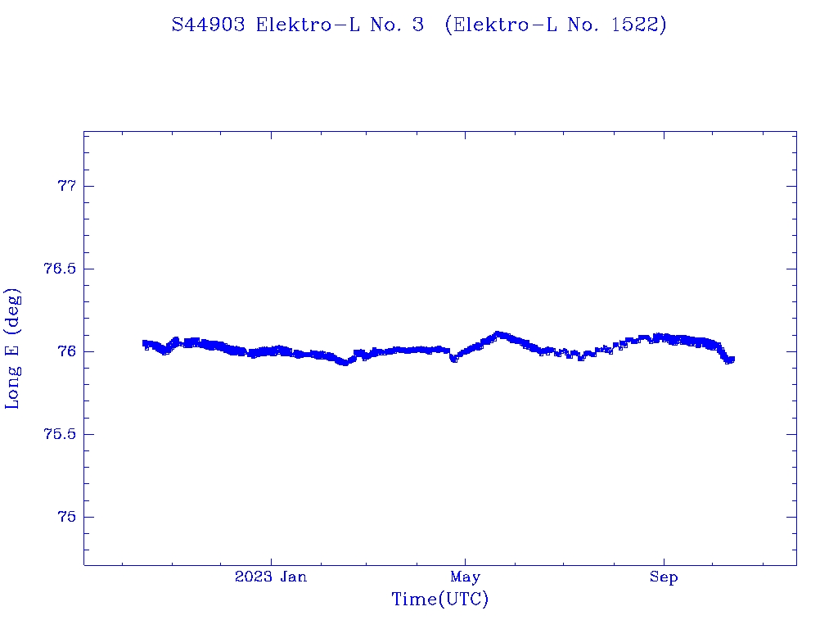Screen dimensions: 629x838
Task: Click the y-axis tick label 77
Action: tap(65, 187)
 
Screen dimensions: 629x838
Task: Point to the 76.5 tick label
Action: tap(59, 269)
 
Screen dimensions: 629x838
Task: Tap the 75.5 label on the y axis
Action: tap(59, 435)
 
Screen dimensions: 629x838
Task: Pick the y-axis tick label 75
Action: tap(65, 518)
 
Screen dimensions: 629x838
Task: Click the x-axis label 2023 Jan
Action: tap(271, 577)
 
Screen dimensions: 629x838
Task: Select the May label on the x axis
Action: tap(465, 577)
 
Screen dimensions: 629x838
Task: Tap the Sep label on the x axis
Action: tap(663, 577)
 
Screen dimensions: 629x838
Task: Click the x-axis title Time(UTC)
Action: tap(440, 600)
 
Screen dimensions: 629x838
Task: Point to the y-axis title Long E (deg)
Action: tap(13, 348)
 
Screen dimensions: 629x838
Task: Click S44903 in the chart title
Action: tap(208, 25)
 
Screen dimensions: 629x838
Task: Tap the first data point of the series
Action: tap(145, 343)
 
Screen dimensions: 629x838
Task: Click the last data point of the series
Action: tap(731, 359)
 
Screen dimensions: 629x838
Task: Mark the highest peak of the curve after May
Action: tap(498, 334)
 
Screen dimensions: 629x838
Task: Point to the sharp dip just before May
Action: tap(454, 359)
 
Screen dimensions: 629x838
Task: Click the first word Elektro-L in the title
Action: tap(302, 25)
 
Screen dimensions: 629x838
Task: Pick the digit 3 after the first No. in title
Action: tap(418, 25)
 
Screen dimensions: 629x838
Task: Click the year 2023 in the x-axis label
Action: tap(253, 577)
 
